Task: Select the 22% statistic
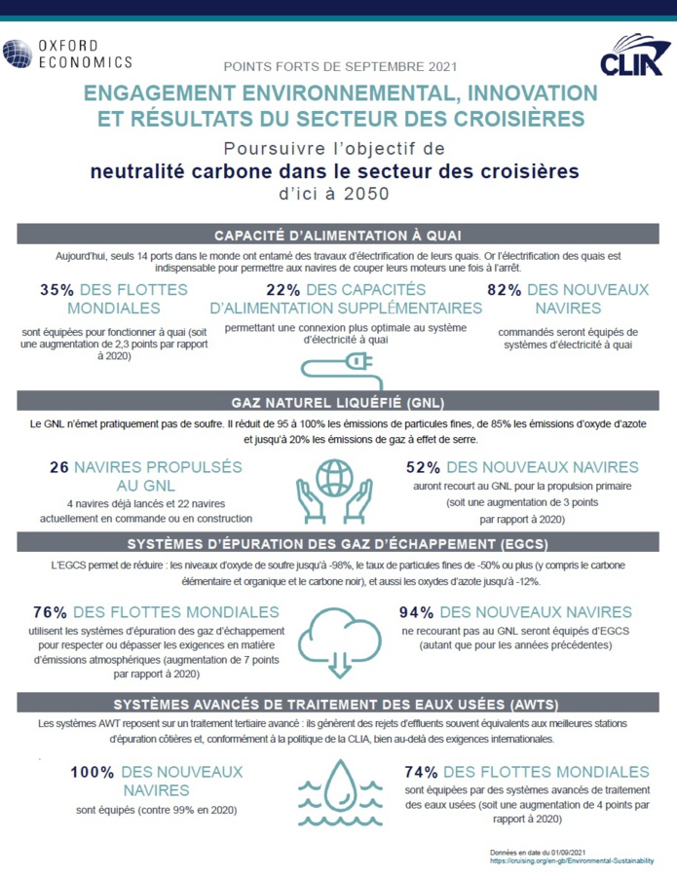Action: pos(282,290)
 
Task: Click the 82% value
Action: pos(504,290)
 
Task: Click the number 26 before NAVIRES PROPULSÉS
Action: pos(58,467)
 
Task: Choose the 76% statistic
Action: pos(50,612)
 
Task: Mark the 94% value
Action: pos(418,612)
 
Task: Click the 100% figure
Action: pos(92,772)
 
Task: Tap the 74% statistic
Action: pos(422,772)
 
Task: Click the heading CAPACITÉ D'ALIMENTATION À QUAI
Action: pos(338,235)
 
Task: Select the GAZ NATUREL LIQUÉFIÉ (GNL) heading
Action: pos(338,403)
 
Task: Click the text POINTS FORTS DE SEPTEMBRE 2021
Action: pos(339,67)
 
